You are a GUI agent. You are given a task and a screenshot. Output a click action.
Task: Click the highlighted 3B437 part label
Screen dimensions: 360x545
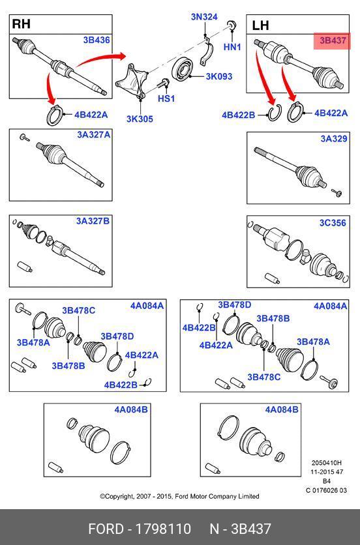[333, 40]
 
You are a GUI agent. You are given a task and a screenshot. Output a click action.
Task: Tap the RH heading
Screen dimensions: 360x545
[22, 24]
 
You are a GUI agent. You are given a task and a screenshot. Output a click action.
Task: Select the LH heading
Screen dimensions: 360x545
[260, 25]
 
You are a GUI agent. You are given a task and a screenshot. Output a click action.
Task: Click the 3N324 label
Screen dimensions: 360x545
[204, 17]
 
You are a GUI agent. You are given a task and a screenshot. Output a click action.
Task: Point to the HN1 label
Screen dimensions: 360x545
[232, 47]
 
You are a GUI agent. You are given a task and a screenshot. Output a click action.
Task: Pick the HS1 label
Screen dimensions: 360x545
[166, 98]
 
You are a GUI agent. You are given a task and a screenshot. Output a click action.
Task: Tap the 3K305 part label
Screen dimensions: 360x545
[140, 119]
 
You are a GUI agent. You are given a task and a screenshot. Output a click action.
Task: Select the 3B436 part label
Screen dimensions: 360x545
[97, 40]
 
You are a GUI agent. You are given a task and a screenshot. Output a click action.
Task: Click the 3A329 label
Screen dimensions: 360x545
[334, 139]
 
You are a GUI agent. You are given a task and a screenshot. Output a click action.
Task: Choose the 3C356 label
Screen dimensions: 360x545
[333, 223]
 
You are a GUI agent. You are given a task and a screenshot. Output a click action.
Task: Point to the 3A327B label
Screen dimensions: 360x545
[93, 221]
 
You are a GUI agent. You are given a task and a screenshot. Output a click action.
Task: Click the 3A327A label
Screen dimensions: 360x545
[93, 134]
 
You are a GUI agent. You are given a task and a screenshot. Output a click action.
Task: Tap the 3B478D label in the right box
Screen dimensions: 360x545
[234, 305]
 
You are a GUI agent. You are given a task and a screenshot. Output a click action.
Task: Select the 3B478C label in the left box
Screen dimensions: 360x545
[79, 310]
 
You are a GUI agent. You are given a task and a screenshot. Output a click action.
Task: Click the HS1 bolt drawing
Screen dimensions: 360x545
[163, 83]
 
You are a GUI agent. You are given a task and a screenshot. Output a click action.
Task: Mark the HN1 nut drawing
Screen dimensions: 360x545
[232, 25]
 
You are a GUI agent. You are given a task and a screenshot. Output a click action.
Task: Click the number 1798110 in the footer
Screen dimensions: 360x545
[163, 529]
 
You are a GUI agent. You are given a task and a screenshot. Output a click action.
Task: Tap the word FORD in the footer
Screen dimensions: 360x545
[106, 529]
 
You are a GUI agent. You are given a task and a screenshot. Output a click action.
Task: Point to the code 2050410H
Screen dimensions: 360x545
[327, 463]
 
